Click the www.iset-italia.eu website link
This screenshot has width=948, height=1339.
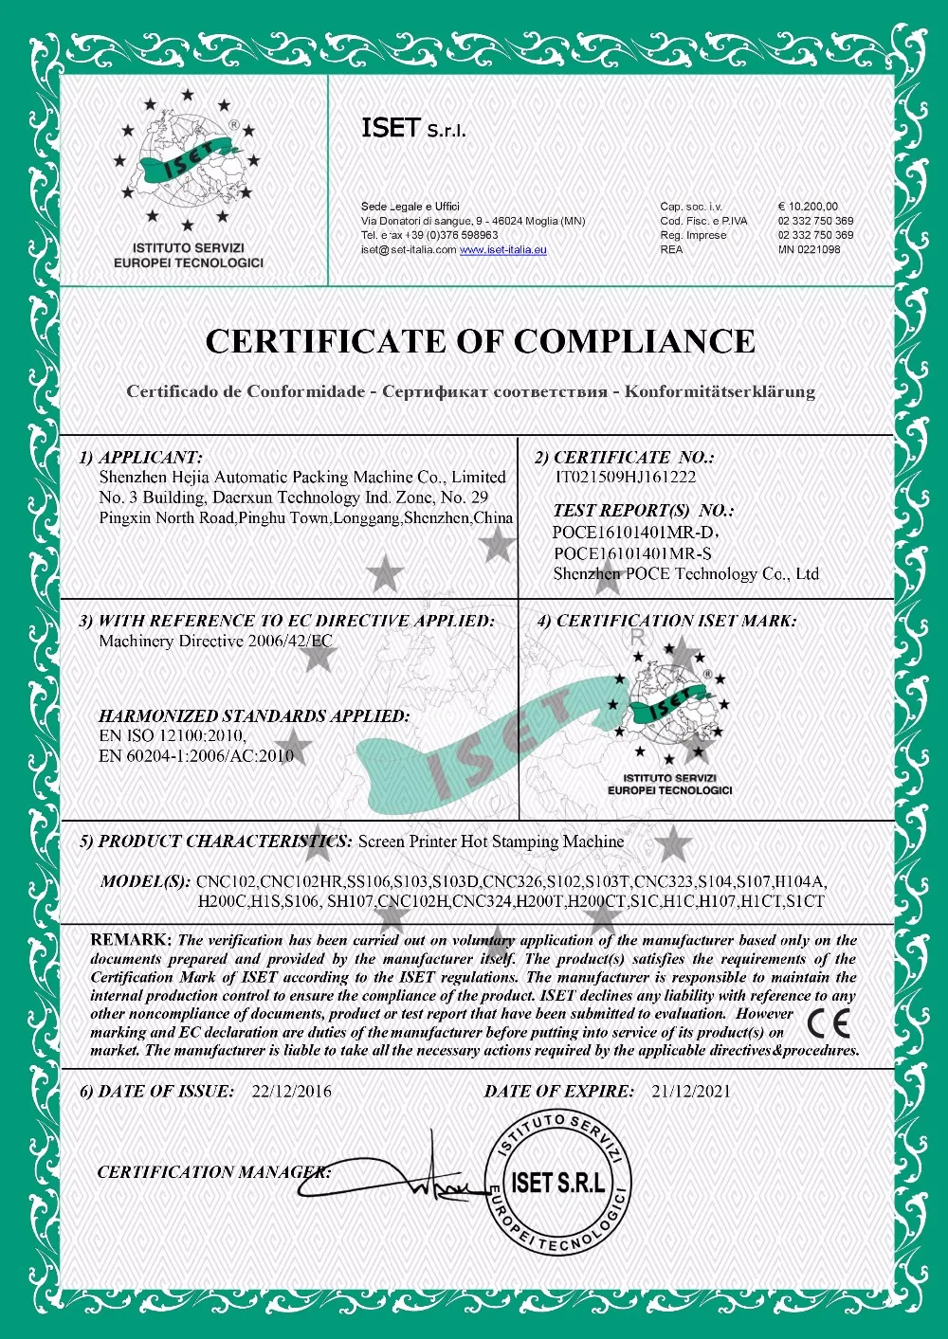coord(502,250)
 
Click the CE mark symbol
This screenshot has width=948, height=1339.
coord(829,1022)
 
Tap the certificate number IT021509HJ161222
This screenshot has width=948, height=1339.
coord(625,478)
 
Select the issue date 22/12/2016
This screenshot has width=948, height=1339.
coord(292,1092)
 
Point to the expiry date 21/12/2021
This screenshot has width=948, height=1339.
coord(691,1092)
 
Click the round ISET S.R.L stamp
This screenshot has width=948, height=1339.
coord(557,1182)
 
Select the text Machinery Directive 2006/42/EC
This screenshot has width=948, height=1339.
coord(215,642)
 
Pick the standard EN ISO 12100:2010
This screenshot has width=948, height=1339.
coord(173,735)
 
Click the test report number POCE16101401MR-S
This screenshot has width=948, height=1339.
coord(632,553)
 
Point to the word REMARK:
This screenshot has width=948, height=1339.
coord(131,940)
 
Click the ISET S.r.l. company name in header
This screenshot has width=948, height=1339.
coord(413,128)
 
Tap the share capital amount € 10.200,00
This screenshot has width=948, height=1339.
coord(808,207)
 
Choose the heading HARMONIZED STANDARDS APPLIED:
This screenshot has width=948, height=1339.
coord(254,716)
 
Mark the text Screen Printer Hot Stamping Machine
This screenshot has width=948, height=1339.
coord(491,841)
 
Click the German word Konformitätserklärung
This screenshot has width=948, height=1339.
coord(720,391)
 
